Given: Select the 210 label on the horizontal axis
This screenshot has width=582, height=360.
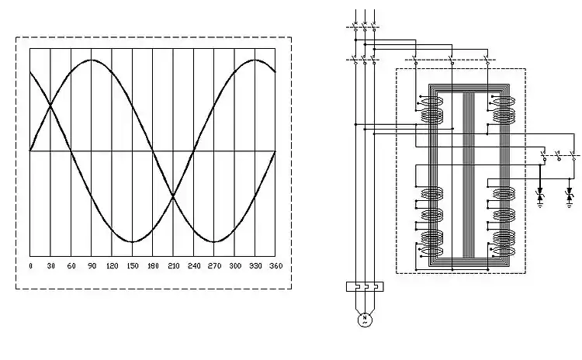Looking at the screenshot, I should [x=172, y=266].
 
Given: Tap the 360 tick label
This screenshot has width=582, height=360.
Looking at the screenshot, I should [x=275, y=266].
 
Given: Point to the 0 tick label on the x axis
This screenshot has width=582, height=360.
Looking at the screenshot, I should [x=30, y=266].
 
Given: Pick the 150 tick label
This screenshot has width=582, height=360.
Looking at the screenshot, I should [x=132, y=266].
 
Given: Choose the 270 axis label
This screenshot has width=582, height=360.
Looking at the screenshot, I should [x=213, y=266].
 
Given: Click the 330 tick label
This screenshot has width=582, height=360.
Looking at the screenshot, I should [x=255, y=266].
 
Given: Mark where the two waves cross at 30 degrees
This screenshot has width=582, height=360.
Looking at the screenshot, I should [x=50, y=106].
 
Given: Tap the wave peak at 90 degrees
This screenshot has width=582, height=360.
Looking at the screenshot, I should [x=92, y=60].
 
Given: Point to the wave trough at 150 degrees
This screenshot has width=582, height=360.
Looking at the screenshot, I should [x=132, y=242].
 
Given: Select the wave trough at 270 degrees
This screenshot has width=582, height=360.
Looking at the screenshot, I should [x=213, y=242].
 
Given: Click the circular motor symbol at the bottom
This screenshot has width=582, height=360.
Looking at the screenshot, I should [x=364, y=319].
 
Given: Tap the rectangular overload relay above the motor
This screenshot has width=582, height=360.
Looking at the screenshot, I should [x=364, y=287].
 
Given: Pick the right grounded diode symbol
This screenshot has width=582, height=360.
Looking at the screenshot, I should [x=570, y=195].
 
